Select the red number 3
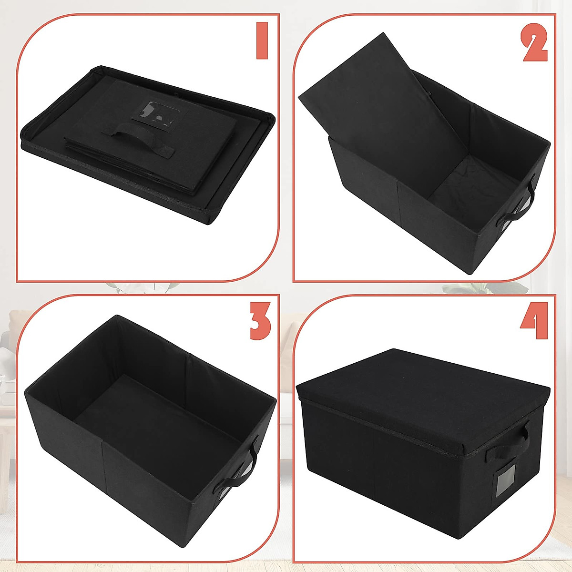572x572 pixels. pyautogui.click(x=260, y=321)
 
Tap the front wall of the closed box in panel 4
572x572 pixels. pyautogui.click(x=381, y=458)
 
